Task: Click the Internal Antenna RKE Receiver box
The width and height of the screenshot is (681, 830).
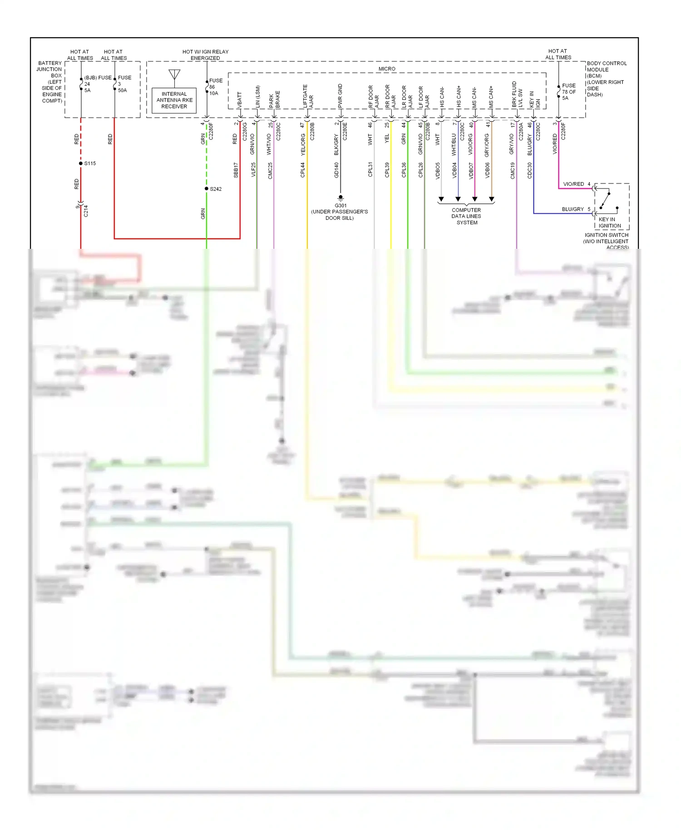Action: point(174,100)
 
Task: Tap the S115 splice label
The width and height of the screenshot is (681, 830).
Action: point(90,163)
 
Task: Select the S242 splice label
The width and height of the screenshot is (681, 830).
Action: point(216,189)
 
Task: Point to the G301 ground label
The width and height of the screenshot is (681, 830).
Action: point(340,206)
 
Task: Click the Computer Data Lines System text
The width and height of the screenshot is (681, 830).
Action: point(466,216)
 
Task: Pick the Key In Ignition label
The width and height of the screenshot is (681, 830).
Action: point(609,222)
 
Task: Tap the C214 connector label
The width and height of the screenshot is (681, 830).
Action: point(86,211)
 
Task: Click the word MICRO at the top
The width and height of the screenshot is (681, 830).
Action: point(387,69)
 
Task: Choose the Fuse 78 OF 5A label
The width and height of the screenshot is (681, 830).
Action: point(568,92)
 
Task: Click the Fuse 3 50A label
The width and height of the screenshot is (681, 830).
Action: point(123,84)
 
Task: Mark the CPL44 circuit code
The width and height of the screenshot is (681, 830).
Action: point(303,170)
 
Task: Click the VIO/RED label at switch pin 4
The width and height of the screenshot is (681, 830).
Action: point(573,184)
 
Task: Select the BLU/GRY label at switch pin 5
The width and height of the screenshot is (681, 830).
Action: point(572,209)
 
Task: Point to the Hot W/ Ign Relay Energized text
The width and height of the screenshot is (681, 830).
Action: point(205,55)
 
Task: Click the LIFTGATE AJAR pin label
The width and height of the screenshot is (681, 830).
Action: point(308,96)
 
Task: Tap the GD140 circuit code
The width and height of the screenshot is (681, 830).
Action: point(336,170)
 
